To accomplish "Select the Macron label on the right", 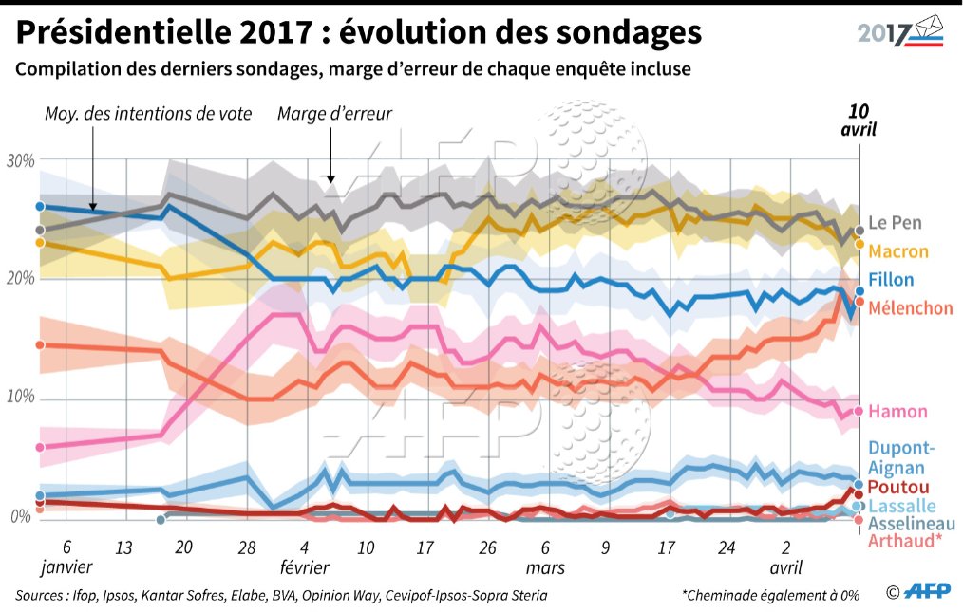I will pos(898,251).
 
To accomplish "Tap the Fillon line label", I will pos(892,280).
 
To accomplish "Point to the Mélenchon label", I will pos(910,308).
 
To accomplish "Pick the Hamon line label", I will pos(897,412).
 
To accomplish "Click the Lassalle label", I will pos(902,507).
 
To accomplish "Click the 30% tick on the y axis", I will pos(20,160).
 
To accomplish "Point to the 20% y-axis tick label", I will pos(20,279).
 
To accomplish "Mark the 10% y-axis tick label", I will pos(20,397).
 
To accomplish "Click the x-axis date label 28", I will pos(247,547).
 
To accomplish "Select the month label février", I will pos(304,567).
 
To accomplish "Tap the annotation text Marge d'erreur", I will pos(334,114).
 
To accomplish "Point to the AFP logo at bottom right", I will pos(925,592).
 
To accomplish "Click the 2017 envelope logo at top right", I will pos(901,31).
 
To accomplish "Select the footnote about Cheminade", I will pos(770,595).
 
